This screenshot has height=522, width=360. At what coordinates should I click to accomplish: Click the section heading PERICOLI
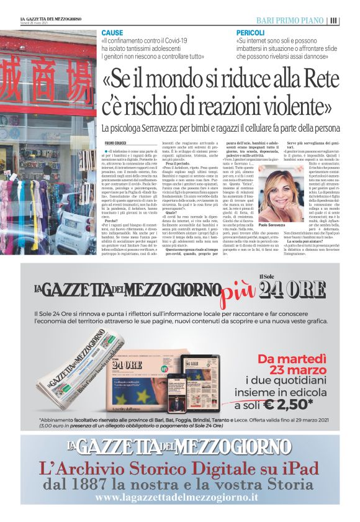[250, 32]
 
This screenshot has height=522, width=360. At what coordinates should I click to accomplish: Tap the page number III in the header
[334, 20]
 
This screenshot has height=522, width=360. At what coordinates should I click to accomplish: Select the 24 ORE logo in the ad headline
[292, 290]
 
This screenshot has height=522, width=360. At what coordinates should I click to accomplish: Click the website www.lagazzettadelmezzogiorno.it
[176, 498]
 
